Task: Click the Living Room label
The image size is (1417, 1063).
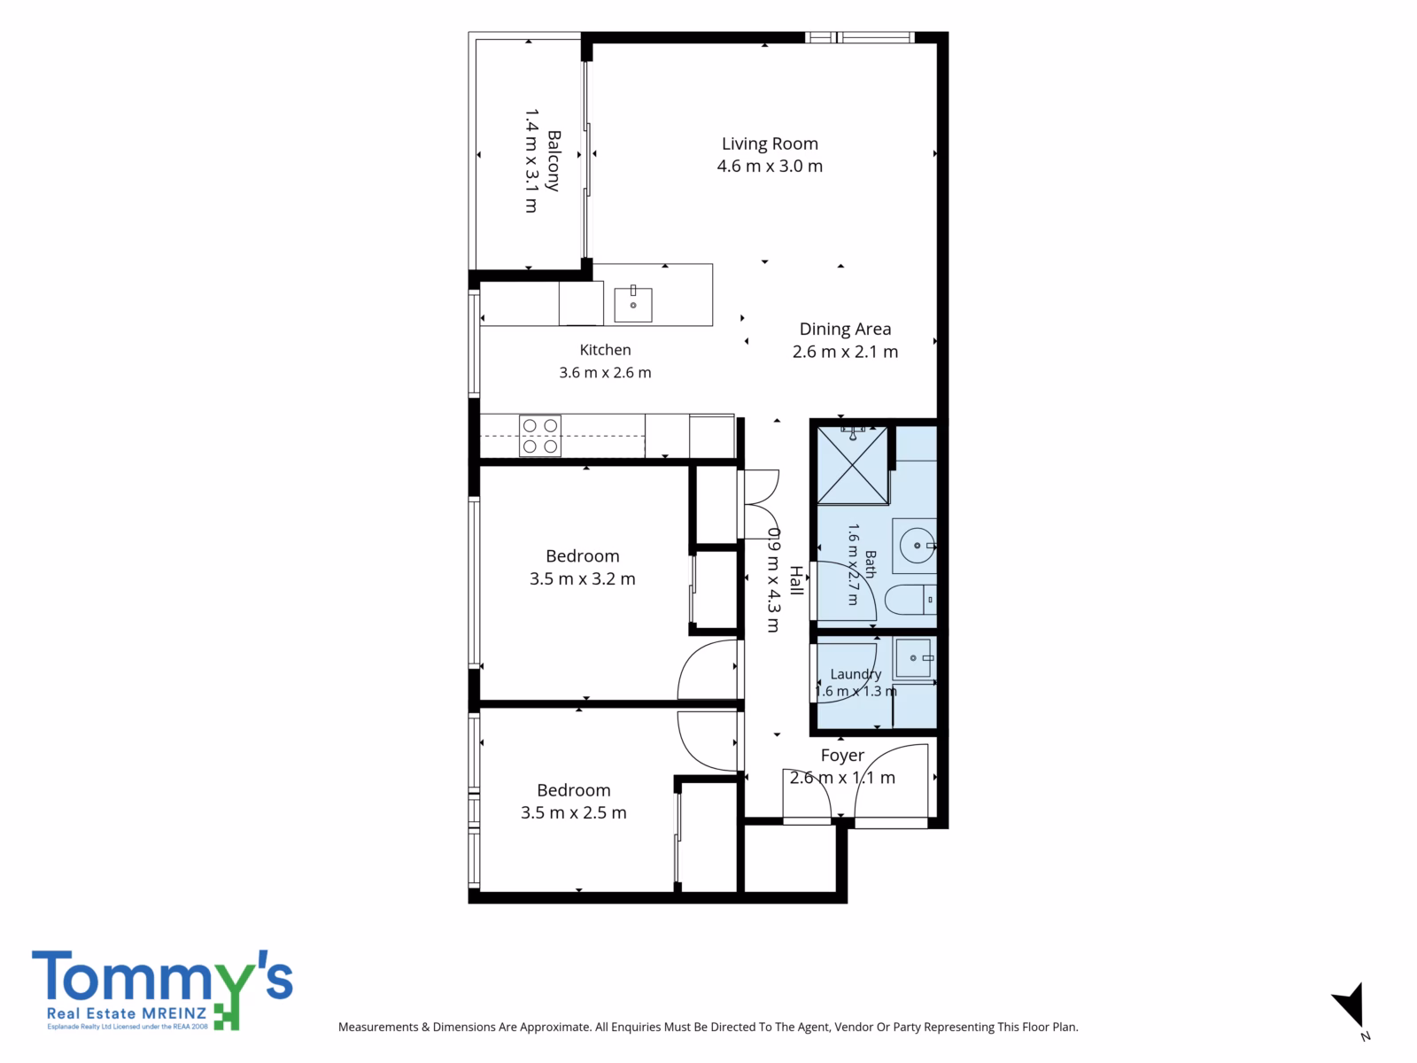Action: coord(770,144)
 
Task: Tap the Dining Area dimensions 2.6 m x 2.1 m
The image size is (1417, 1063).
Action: coord(845,352)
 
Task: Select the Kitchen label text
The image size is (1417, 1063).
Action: coord(605,350)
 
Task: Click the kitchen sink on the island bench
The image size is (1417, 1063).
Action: coord(632,304)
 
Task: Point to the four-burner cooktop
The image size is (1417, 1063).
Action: coord(539,436)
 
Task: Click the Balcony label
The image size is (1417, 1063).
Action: coord(554,160)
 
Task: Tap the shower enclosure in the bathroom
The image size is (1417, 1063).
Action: coord(853,465)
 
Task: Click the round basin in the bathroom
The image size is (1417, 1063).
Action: coord(917,546)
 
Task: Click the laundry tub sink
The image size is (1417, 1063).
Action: coord(914,657)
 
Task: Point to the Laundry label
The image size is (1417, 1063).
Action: coord(856,674)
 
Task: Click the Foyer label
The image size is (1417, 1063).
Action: coord(842,755)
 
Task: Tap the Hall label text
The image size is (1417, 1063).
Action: coord(796,580)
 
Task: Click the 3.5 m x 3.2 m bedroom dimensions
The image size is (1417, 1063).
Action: coord(582,579)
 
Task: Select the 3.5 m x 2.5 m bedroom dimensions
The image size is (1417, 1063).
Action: coord(573,812)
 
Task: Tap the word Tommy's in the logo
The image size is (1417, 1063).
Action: coord(162,975)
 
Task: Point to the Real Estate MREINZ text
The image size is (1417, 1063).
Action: coord(127,1013)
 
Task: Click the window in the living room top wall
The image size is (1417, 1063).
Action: coord(859,37)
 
